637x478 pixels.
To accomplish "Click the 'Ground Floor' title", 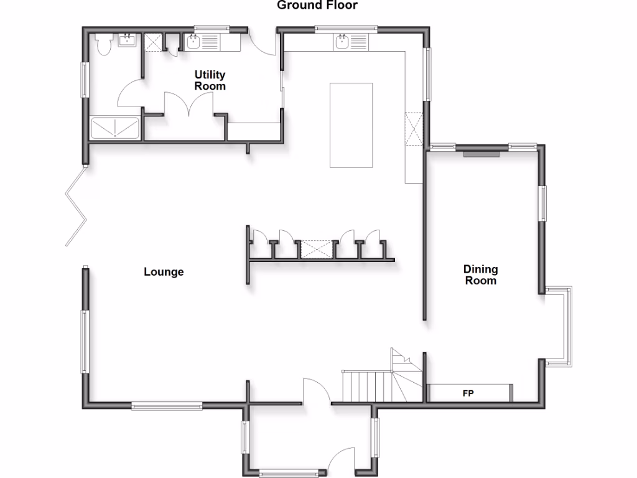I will point(317,6).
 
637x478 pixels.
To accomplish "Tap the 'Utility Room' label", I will point(210,81).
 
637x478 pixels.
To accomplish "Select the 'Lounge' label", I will point(164,272).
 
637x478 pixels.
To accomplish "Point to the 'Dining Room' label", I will point(481,275).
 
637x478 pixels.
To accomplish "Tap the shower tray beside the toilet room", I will point(116,128).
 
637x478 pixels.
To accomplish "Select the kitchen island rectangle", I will point(351,125).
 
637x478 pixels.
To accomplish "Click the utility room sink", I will point(193,43).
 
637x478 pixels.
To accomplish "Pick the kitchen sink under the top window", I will point(342,42).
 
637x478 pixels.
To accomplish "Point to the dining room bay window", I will point(563,325).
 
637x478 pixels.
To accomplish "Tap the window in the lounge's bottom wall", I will point(167,406).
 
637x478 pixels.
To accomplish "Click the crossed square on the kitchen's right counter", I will point(414,128).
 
